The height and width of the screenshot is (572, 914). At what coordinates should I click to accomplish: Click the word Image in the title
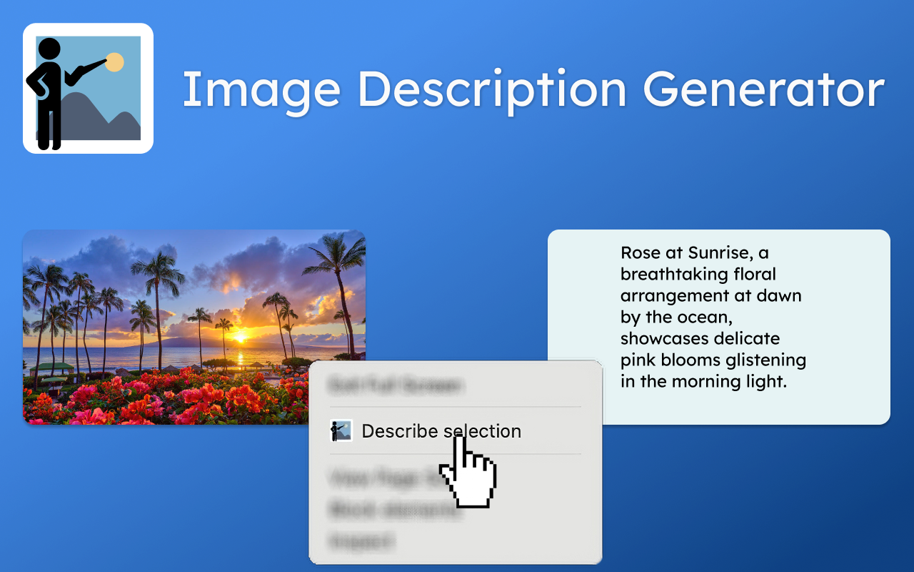tap(261, 90)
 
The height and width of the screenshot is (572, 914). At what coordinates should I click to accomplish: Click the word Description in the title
tap(492, 90)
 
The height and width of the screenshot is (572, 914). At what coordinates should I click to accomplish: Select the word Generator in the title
tap(763, 90)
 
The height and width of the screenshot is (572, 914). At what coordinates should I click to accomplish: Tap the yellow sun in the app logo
tap(114, 62)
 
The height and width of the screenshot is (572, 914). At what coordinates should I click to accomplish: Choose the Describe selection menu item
tap(441, 431)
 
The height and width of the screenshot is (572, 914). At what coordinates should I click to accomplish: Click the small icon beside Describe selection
tap(341, 431)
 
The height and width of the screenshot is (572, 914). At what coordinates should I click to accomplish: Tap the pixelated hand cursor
tap(468, 475)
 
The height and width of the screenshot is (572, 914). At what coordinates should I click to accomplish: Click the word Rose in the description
tap(641, 253)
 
